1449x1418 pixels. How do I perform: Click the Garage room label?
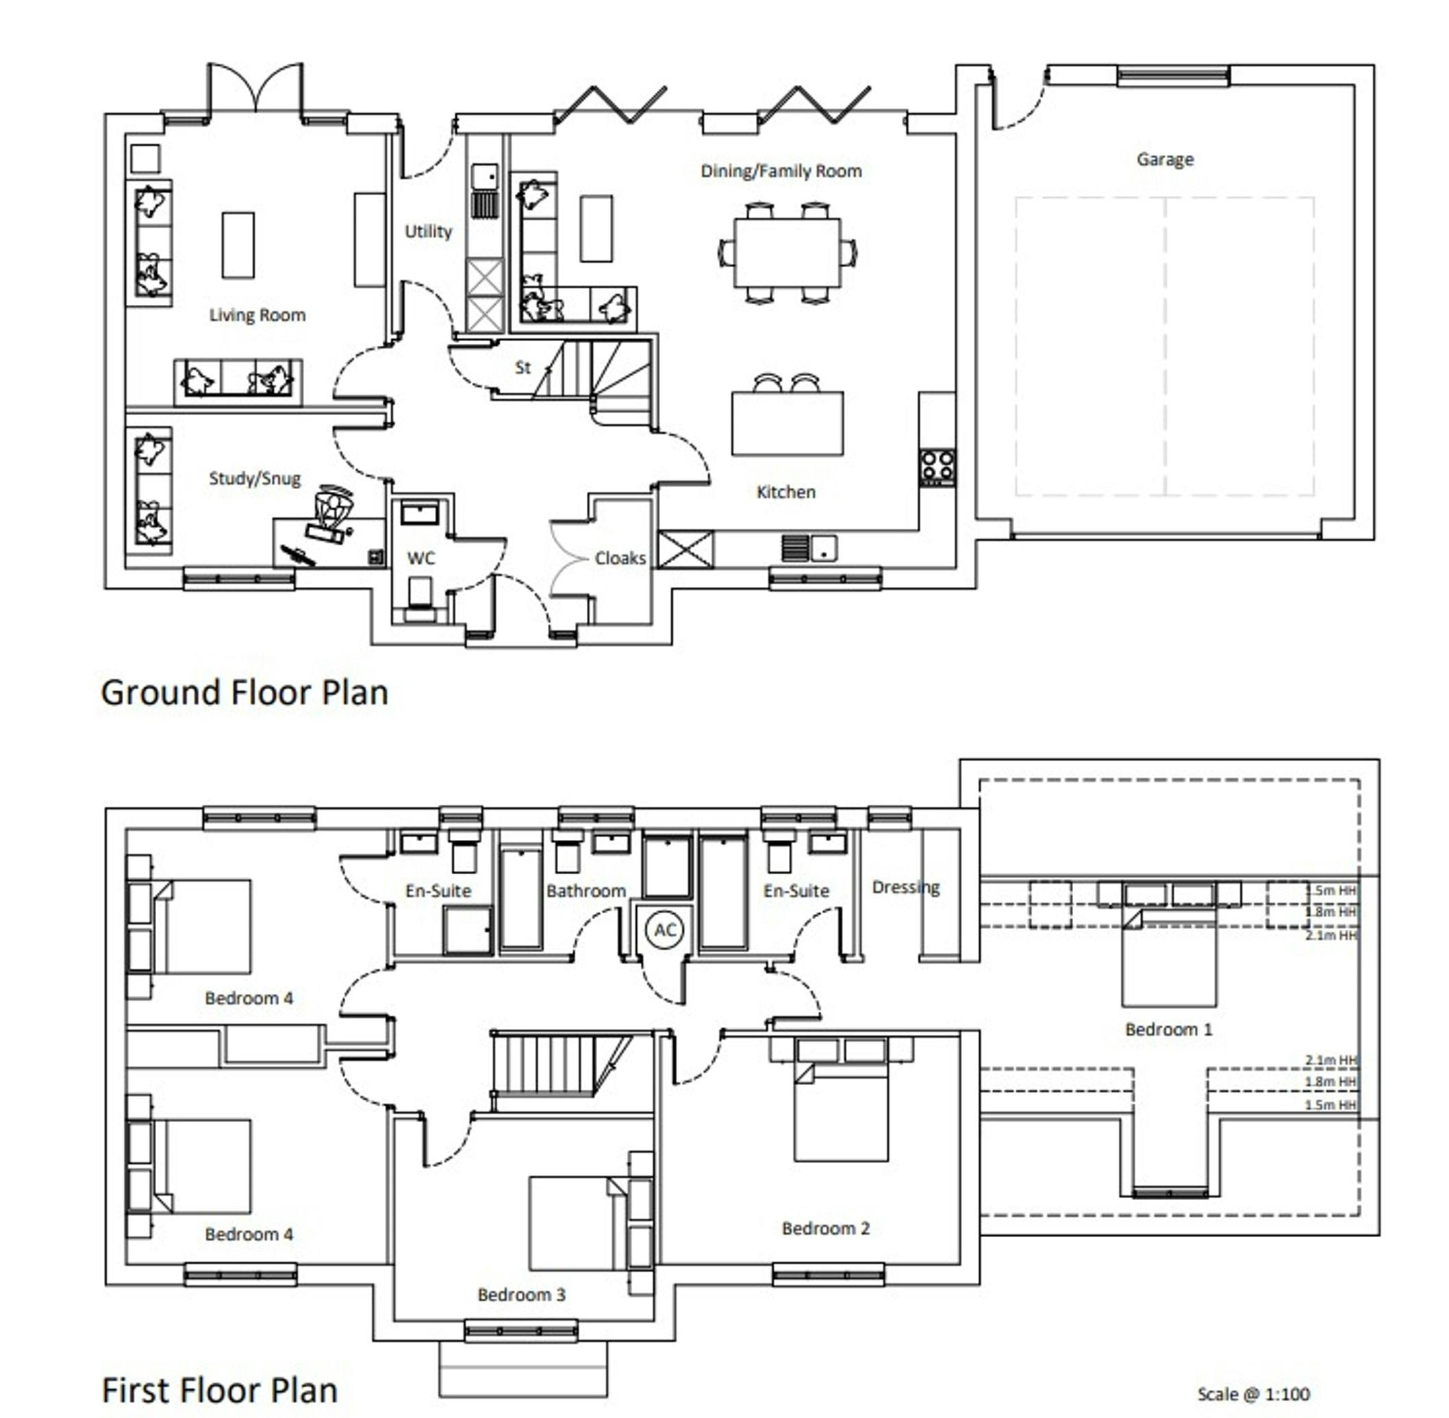(1165, 160)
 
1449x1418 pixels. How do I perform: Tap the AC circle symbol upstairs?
(664, 930)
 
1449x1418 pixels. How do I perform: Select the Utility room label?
(428, 232)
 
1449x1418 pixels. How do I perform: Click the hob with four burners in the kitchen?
(937, 467)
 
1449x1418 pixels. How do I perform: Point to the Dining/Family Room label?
(781, 171)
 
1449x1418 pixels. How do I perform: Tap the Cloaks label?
(620, 558)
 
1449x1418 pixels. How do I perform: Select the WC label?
(420, 558)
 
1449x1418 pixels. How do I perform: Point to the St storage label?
(522, 367)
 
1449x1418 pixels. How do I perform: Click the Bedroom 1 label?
(1168, 1029)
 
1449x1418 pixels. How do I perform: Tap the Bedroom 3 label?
(521, 1295)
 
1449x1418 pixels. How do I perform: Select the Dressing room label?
(905, 888)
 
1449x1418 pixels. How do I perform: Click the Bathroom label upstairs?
(586, 891)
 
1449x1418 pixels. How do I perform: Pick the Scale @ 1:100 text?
(1253, 1393)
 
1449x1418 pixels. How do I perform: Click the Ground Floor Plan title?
(244, 692)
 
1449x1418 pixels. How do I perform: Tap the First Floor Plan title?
(220, 1390)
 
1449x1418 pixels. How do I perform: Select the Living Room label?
(257, 315)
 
